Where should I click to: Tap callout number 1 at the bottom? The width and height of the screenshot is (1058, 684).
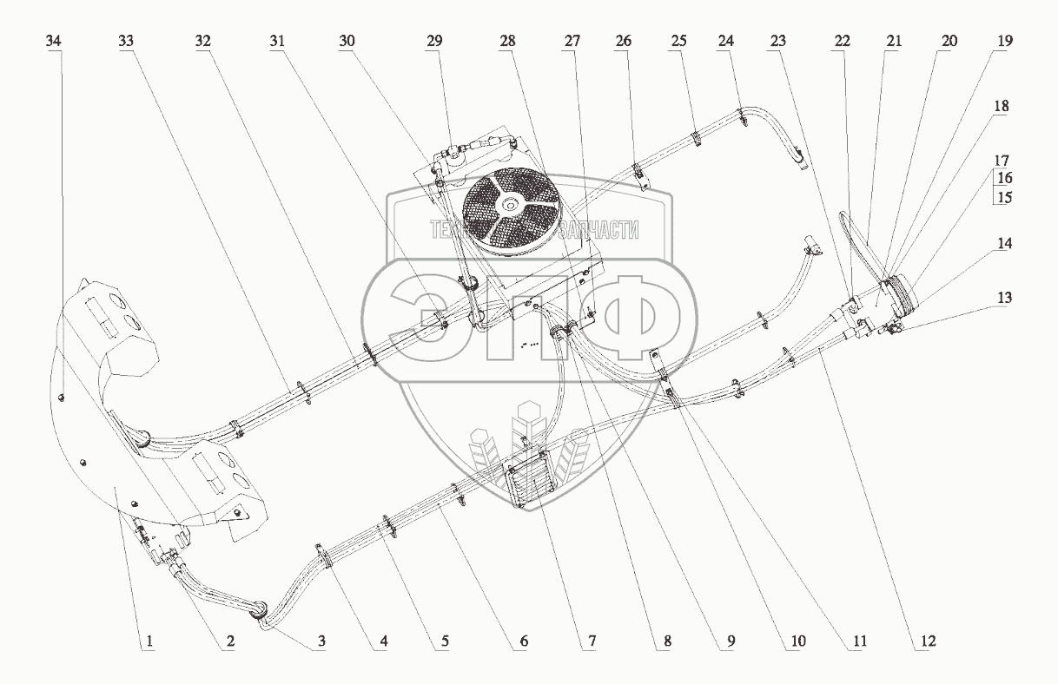pos(149,641)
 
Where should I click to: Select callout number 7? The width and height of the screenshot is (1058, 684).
pos(592,641)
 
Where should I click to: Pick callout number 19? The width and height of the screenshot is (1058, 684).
pos(1004,41)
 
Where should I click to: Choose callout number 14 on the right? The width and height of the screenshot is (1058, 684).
pos(1004,244)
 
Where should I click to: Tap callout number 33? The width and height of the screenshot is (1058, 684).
pos(127,41)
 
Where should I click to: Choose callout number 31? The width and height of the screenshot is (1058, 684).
pos(277,41)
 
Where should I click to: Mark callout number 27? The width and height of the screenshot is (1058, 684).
pos(571,41)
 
